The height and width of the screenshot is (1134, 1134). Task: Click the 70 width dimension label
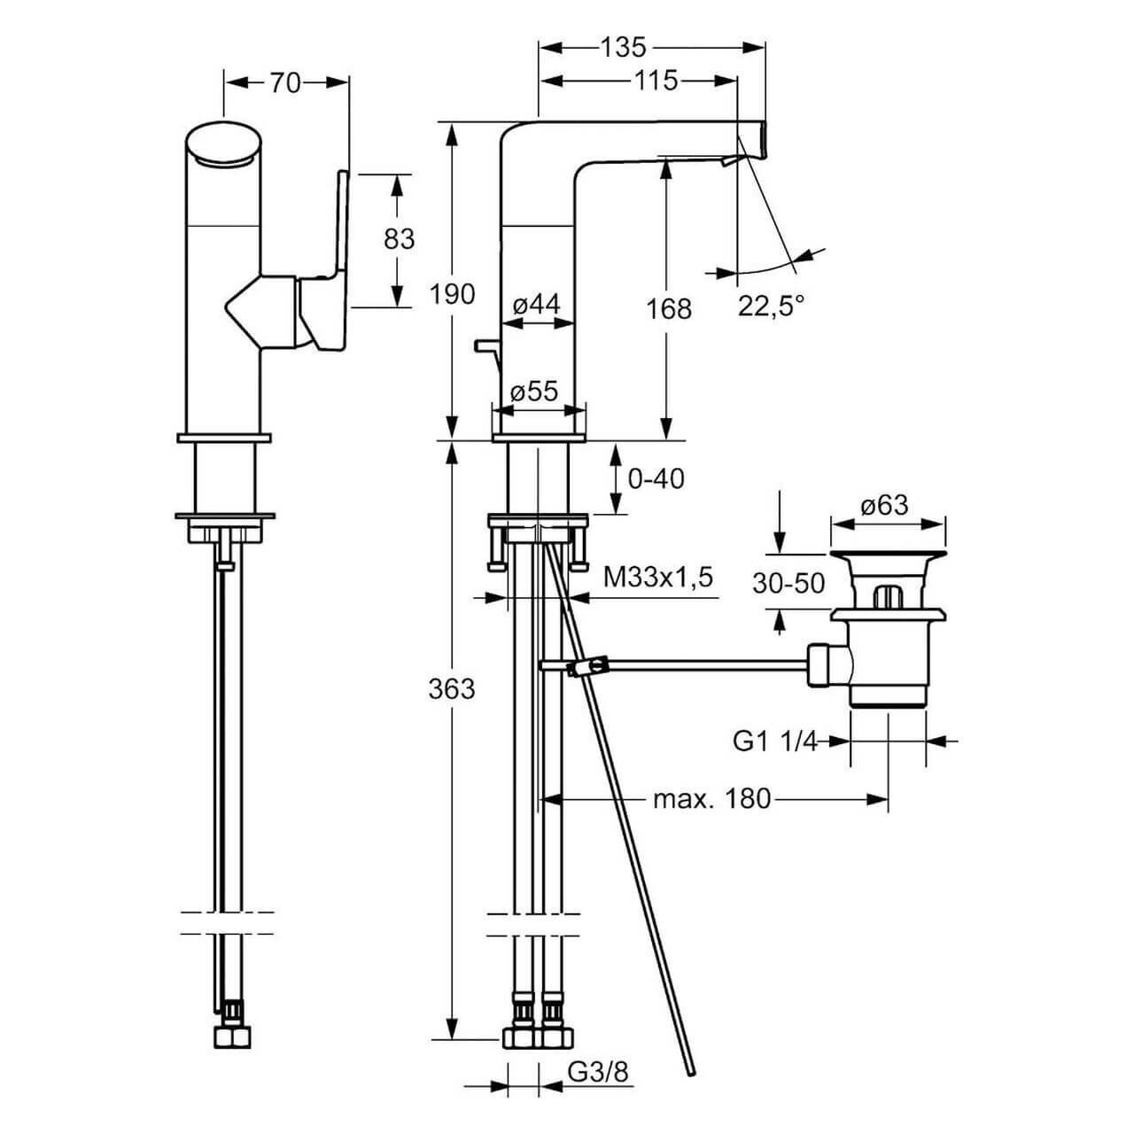tap(286, 83)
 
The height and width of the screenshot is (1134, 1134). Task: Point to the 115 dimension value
tap(656, 81)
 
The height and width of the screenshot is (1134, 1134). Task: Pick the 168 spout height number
tap(669, 308)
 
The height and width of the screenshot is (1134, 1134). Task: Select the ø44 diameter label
tap(537, 305)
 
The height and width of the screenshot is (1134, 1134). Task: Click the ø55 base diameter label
tap(534, 391)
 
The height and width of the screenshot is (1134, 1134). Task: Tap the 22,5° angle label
tap(772, 306)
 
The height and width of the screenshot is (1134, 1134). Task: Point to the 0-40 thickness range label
tap(656, 478)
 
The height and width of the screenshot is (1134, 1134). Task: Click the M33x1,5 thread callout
tap(658, 578)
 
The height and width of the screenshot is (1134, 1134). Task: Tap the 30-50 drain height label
tap(788, 583)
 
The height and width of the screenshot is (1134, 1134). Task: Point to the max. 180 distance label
tap(712, 799)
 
